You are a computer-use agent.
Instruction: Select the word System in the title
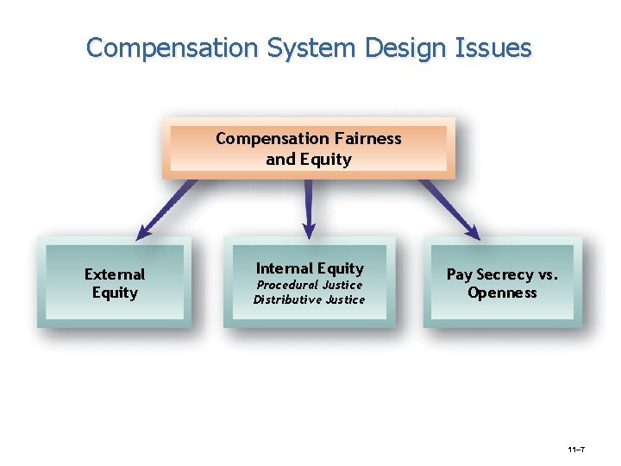tap(298, 47)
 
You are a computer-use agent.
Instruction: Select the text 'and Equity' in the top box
tap(309, 159)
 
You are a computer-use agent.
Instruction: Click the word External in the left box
tap(115, 274)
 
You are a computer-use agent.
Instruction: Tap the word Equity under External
tap(115, 293)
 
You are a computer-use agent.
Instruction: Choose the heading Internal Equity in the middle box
tap(310, 268)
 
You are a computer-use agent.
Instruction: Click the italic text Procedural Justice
tap(310, 285)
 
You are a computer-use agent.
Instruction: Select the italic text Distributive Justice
tap(309, 299)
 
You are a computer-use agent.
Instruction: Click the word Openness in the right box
tap(502, 293)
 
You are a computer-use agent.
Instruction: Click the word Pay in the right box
tap(459, 274)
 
